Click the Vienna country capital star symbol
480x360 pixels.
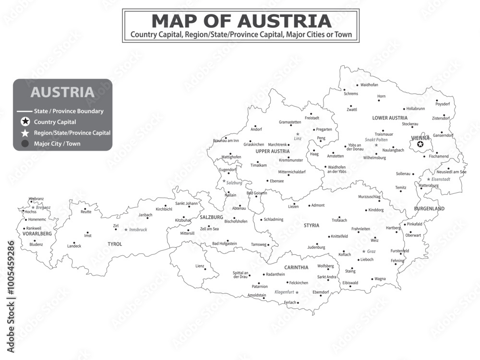point(420,144)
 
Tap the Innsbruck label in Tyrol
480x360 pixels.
point(138,230)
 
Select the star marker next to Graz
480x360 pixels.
point(363,251)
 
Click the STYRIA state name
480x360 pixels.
point(311,225)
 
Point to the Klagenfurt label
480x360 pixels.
point(284,292)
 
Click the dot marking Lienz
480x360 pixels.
point(205,269)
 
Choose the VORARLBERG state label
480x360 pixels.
point(37,234)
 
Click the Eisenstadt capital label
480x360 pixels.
point(441,179)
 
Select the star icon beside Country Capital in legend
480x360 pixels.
point(25,122)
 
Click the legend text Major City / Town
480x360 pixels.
point(57,144)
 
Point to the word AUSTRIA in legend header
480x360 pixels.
point(62,92)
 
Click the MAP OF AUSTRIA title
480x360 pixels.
point(241,21)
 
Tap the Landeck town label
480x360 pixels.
point(74,246)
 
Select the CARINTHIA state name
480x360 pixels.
point(296,267)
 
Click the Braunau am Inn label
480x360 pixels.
point(226,140)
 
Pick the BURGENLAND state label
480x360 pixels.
point(429,209)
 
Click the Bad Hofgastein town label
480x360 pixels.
point(224,244)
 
